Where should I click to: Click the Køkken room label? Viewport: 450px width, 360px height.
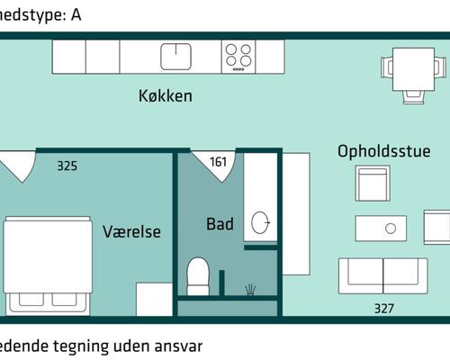pyautogui.click(x=165, y=96)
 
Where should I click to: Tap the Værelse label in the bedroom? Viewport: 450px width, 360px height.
pyautogui.click(x=131, y=231)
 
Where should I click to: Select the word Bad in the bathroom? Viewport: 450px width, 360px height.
pyautogui.click(x=220, y=223)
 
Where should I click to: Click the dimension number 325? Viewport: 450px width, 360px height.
pyautogui.click(x=67, y=166)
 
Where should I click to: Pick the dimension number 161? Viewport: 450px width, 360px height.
pyautogui.click(x=219, y=163)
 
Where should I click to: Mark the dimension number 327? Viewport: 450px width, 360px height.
pyautogui.click(x=383, y=309)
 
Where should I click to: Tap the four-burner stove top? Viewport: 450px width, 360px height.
pyautogui.click(x=238, y=56)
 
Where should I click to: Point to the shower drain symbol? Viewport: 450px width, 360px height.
pyautogui.click(x=250, y=289)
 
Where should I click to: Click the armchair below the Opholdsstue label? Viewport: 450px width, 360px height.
pyautogui.click(x=372, y=185)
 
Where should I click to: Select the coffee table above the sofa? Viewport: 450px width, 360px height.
pyautogui.click(x=391, y=229)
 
